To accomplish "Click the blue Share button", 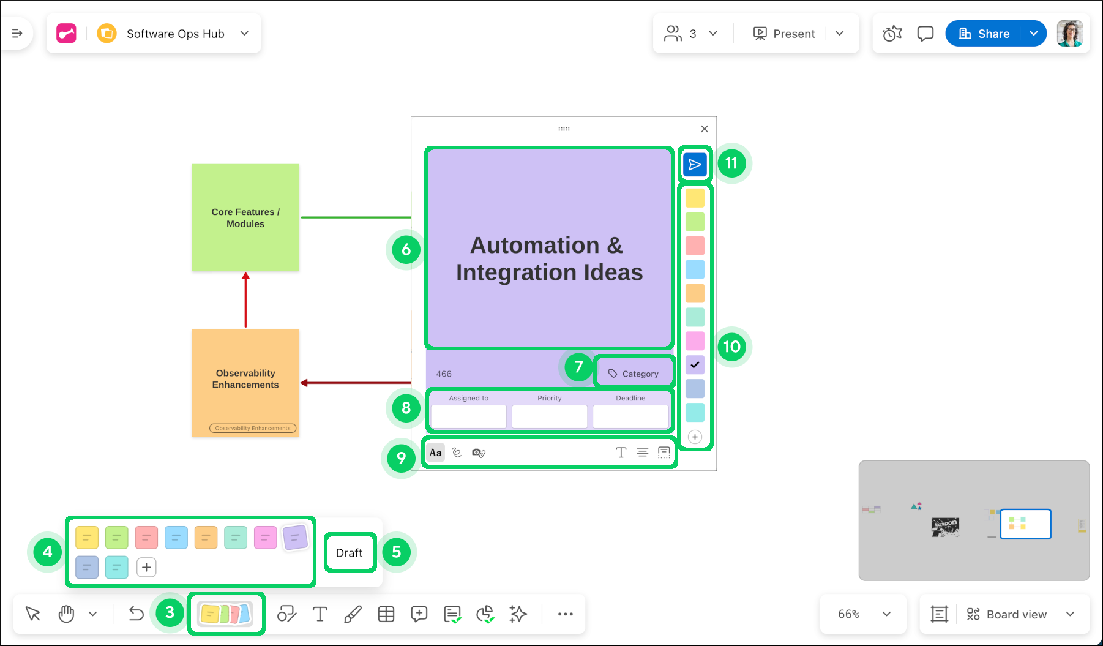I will coord(984,34).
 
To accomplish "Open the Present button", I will coord(785,34).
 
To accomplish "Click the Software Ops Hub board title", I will coord(175,34).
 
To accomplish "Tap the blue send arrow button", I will coord(695,164).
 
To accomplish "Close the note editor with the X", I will coord(705,129).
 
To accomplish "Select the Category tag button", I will coord(634,374).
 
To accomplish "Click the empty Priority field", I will coord(549,417).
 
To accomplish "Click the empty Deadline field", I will coord(630,417).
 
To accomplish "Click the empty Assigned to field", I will coord(468,417).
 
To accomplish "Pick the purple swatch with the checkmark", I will coord(695,365).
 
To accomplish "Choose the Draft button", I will coord(350,553).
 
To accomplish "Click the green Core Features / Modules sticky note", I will coord(245,217).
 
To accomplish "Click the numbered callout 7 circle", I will coord(578,367).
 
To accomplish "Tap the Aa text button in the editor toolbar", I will coord(436,453).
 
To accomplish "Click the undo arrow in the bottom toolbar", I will coord(136,614).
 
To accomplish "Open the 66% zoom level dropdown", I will coord(863,614).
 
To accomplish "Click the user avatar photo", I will coord(1070,34).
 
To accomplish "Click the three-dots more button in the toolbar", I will coord(565,614).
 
